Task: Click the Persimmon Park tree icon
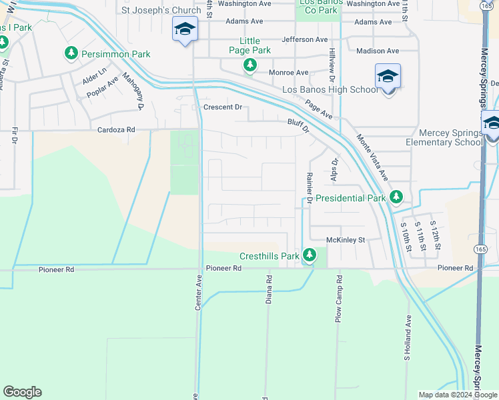(x=71, y=53)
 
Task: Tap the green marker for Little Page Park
(x=249, y=65)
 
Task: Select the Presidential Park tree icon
(x=396, y=197)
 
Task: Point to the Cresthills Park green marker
(x=309, y=255)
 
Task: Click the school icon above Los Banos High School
(x=388, y=76)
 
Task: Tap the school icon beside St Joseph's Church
(x=185, y=29)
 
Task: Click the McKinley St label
(x=346, y=239)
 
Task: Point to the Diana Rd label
(x=269, y=291)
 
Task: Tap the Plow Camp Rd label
(x=338, y=299)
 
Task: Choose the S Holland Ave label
(x=406, y=344)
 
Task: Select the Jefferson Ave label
(x=307, y=39)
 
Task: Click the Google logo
(x=22, y=392)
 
